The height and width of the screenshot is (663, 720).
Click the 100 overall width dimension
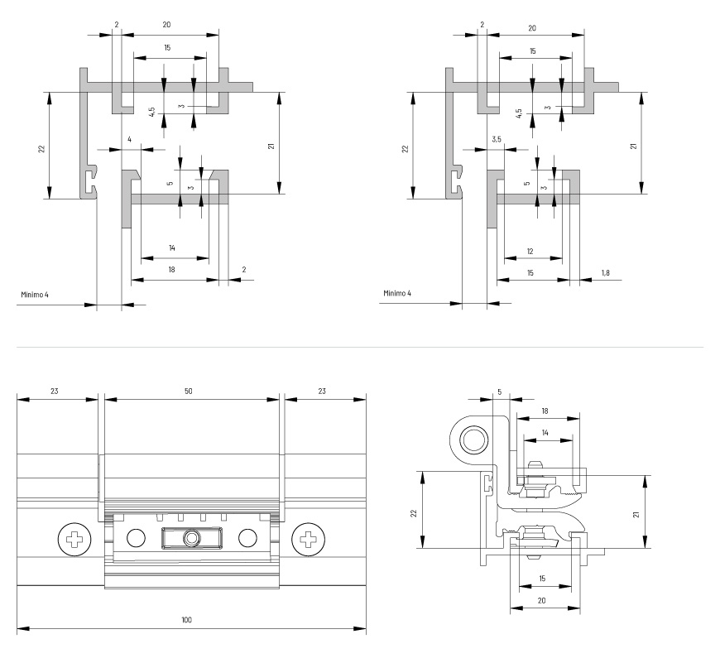click(187, 619)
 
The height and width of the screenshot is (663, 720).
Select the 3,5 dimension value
click(497, 139)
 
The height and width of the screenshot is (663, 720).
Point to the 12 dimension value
click(530, 252)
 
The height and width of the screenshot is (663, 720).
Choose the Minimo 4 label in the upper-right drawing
click(398, 294)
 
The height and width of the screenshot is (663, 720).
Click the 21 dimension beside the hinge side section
click(635, 513)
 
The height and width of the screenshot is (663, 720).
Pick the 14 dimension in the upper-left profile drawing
click(172, 247)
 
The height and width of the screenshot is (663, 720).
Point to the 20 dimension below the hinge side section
click(542, 600)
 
